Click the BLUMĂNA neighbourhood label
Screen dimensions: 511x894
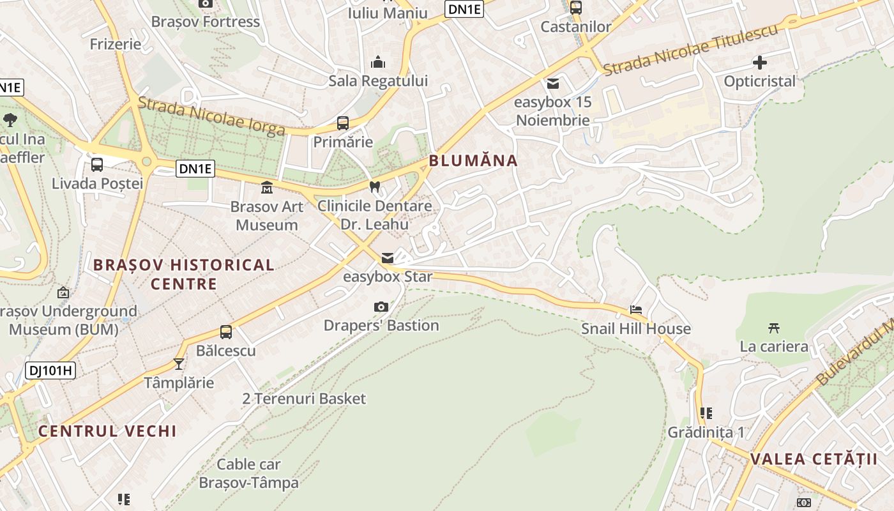click(x=473, y=160)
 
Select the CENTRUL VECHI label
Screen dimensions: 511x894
click(x=107, y=431)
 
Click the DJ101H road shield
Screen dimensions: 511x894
click(x=50, y=370)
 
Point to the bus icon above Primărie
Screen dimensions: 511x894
click(x=343, y=123)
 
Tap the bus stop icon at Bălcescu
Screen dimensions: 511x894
click(x=226, y=332)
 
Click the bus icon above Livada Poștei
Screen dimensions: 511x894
click(x=97, y=165)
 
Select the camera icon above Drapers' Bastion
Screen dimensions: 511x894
click(x=381, y=307)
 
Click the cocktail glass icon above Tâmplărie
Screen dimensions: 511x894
click(x=178, y=364)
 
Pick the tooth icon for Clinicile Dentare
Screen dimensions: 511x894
click(x=375, y=187)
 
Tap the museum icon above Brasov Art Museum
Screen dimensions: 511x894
click(x=266, y=188)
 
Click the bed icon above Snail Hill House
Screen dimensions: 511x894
click(x=636, y=310)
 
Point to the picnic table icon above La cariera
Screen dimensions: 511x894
click(x=774, y=328)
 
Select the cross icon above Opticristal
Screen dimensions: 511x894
click(x=760, y=63)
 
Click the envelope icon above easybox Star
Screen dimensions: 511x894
click(x=388, y=258)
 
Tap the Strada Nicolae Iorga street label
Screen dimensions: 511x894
click(x=211, y=116)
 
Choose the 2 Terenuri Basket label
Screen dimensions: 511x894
click(x=304, y=399)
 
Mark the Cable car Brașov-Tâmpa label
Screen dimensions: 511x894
click(x=248, y=473)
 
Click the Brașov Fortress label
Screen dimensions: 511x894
click(x=206, y=22)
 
